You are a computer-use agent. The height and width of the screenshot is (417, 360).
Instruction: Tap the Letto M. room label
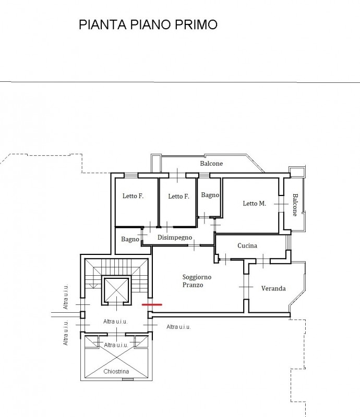click(x=254, y=203)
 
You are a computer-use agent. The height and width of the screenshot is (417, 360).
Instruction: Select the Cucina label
click(x=247, y=246)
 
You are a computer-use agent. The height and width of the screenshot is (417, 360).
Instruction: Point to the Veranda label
click(x=273, y=289)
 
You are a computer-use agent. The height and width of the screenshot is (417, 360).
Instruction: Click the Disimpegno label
click(x=175, y=238)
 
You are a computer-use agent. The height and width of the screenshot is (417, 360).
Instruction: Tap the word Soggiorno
click(x=197, y=277)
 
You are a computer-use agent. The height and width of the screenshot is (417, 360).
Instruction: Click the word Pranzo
click(x=193, y=285)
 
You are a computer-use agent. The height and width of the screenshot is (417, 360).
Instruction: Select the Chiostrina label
click(x=116, y=372)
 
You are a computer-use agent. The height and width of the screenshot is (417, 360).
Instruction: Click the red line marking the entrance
click(x=152, y=304)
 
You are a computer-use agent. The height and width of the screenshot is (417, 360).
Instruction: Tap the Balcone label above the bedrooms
click(x=211, y=164)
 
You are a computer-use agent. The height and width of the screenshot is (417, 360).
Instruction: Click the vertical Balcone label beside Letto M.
click(x=295, y=205)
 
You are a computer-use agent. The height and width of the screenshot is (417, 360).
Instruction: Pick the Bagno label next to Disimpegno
click(x=130, y=239)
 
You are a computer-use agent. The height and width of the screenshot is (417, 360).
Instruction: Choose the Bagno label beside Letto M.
click(x=210, y=195)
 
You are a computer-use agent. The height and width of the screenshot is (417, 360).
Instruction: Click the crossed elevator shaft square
click(x=117, y=291)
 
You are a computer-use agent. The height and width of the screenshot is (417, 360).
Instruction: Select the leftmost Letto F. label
click(x=133, y=196)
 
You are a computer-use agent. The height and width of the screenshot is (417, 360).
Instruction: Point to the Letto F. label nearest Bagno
click(x=178, y=197)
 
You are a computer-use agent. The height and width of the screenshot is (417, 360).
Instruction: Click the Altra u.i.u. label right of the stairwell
click(x=178, y=327)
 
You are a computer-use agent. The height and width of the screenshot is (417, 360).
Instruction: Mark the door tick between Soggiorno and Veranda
click(x=246, y=287)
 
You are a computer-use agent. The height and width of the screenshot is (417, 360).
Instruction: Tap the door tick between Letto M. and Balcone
click(x=281, y=204)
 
